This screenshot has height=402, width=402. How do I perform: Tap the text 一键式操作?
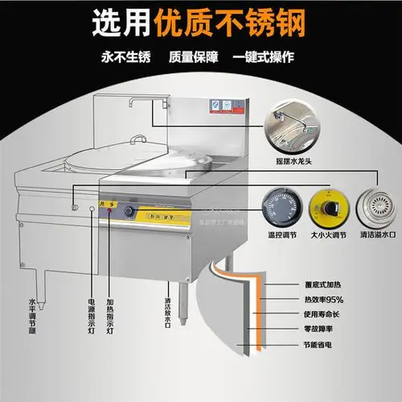click(265, 59)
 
